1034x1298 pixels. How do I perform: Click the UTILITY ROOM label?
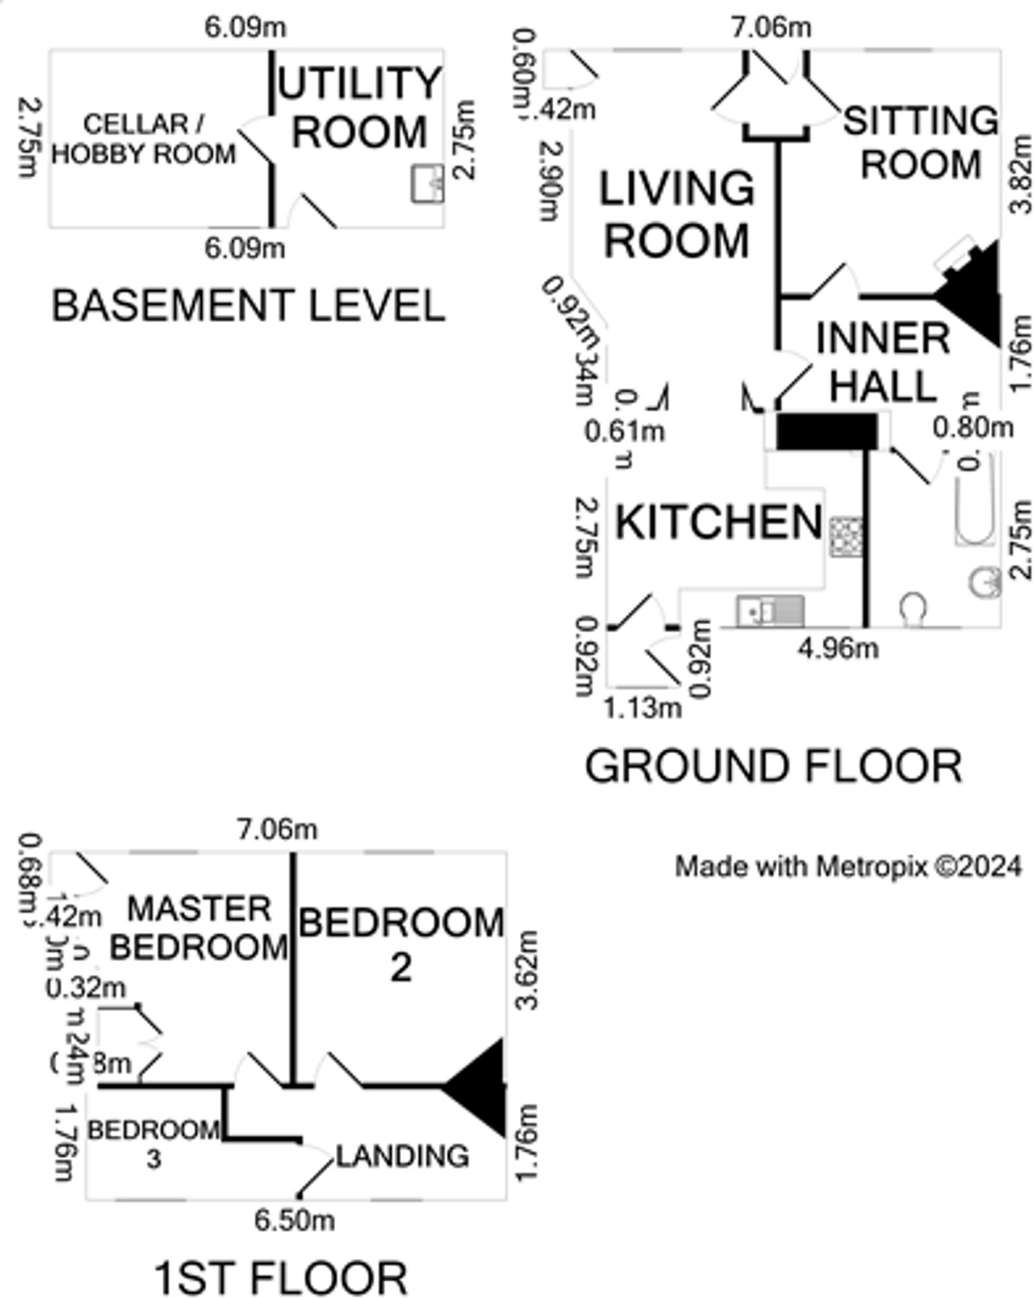pos(359,108)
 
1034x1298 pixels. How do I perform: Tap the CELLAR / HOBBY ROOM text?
pos(143,139)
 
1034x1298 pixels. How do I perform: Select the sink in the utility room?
pos(427,184)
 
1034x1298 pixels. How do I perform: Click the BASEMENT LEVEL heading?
pos(248,305)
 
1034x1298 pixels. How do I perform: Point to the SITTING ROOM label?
pos(921,143)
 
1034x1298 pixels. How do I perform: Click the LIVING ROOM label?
pos(676,214)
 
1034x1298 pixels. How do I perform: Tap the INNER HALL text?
pos(883,362)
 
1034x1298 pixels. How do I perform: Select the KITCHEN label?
pos(719,522)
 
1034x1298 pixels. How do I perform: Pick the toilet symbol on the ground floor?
pos(913,609)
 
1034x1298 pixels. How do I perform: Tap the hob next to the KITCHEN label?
pos(846,537)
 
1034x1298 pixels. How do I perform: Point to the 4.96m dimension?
pos(838,648)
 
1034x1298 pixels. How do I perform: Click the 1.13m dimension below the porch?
pos(642,707)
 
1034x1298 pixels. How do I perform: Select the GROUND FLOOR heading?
pos(773,766)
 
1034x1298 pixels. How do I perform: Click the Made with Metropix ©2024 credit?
pos(848,866)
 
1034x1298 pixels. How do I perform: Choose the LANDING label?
pos(403,1156)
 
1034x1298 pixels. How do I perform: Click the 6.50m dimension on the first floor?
pos(294,1220)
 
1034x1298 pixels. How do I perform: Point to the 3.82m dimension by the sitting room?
pos(1021,175)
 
